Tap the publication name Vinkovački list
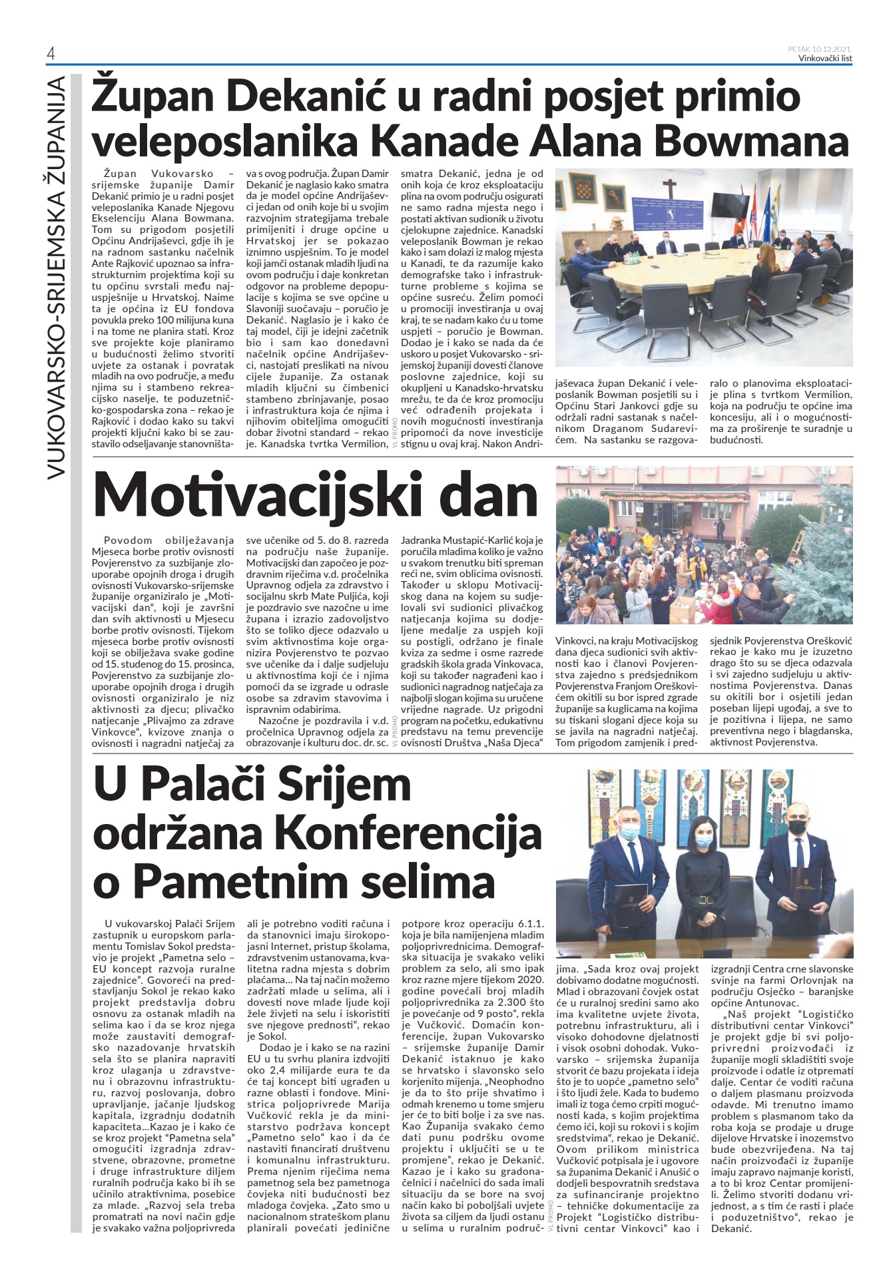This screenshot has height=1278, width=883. [x=825, y=58]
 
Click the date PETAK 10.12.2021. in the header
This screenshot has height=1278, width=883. [x=820, y=49]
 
